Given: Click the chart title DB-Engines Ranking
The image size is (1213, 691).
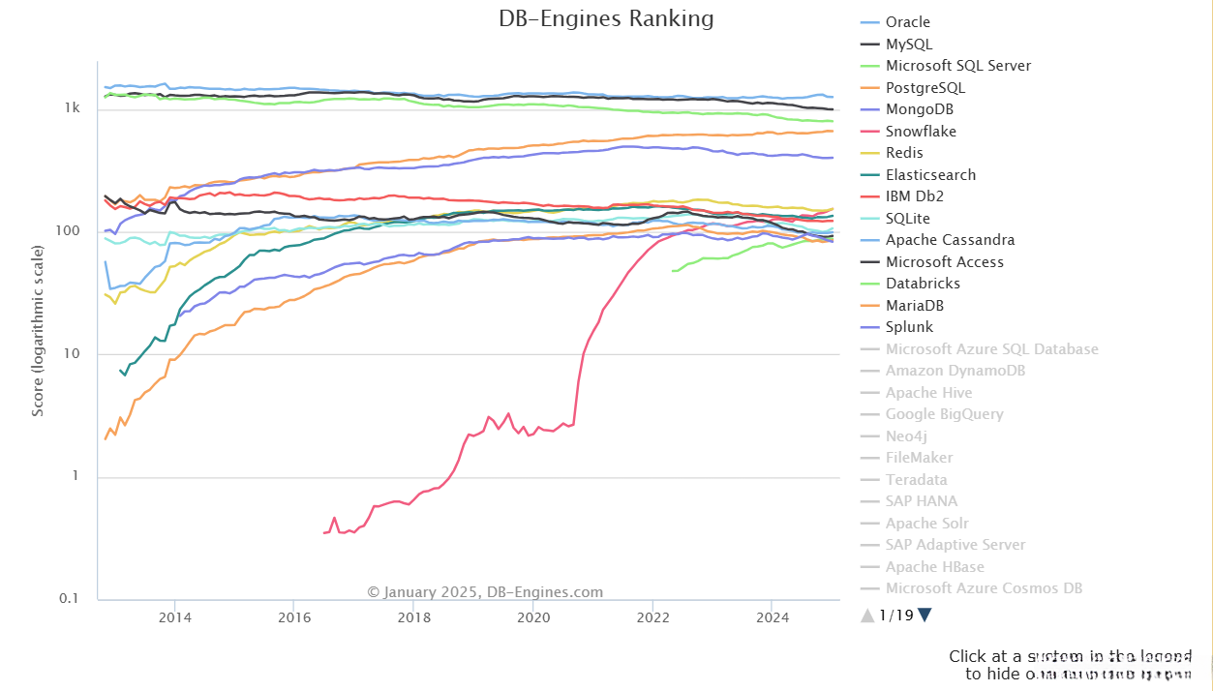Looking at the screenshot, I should click(x=606, y=18).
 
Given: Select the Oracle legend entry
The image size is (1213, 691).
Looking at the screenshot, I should click(x=907, y=22).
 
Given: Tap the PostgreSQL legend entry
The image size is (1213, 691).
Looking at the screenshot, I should click(x=925, y=88).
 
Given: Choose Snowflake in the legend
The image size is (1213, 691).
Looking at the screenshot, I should click(x=921, y=132).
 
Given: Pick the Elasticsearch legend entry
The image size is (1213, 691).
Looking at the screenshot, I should click(x=930, y=175).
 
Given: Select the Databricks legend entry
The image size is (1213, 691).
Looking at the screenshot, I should click(x=923, y=284).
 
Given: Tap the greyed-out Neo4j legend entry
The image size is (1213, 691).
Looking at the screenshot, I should click(x=906, y=436).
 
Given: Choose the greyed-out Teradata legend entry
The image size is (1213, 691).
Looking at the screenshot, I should click(x=917, y=480).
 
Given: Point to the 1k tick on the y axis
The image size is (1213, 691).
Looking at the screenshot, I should click(x=72, y=109).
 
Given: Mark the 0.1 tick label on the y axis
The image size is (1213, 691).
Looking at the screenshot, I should click(x=69, y=599).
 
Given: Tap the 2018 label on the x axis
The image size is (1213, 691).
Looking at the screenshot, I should click(x=413, y=617).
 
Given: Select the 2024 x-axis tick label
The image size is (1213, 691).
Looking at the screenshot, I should click(x=772, y=617).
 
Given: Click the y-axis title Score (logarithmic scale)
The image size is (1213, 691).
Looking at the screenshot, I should click(x=38, y=331).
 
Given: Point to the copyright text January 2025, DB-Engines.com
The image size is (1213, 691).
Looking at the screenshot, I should click(x=485, y=592).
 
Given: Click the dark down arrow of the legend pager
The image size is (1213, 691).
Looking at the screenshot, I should click(x=925, y=615).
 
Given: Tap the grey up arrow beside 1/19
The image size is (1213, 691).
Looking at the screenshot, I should click(x=867, y=615).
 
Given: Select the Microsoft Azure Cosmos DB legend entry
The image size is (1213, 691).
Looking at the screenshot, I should click(x=984, y=588).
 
